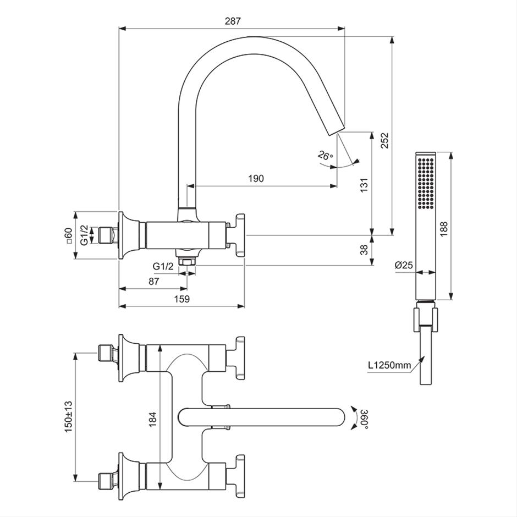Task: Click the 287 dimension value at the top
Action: tap(233, 21)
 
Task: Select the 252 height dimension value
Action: tap(385, 141)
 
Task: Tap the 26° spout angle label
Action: tap(326, 155)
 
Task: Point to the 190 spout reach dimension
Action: tap(256, 178)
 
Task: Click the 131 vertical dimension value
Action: tap(364, 185)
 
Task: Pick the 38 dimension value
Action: tap(364, 250)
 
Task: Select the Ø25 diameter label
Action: tap(404, 265)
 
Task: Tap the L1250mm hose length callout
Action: tap(389, 365)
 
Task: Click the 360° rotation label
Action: tap(364, 419)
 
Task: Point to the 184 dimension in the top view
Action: tap(152, 420)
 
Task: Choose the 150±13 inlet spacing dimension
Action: tap(68, 417)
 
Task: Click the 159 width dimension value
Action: tap(182, 299)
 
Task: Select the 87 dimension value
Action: tap(153, 281)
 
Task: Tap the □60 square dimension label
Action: tap(69, 235)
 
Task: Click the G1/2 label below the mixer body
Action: tap(163, 266)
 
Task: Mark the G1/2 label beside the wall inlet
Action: tap(84, 235)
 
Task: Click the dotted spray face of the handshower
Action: tap(425, 183)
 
